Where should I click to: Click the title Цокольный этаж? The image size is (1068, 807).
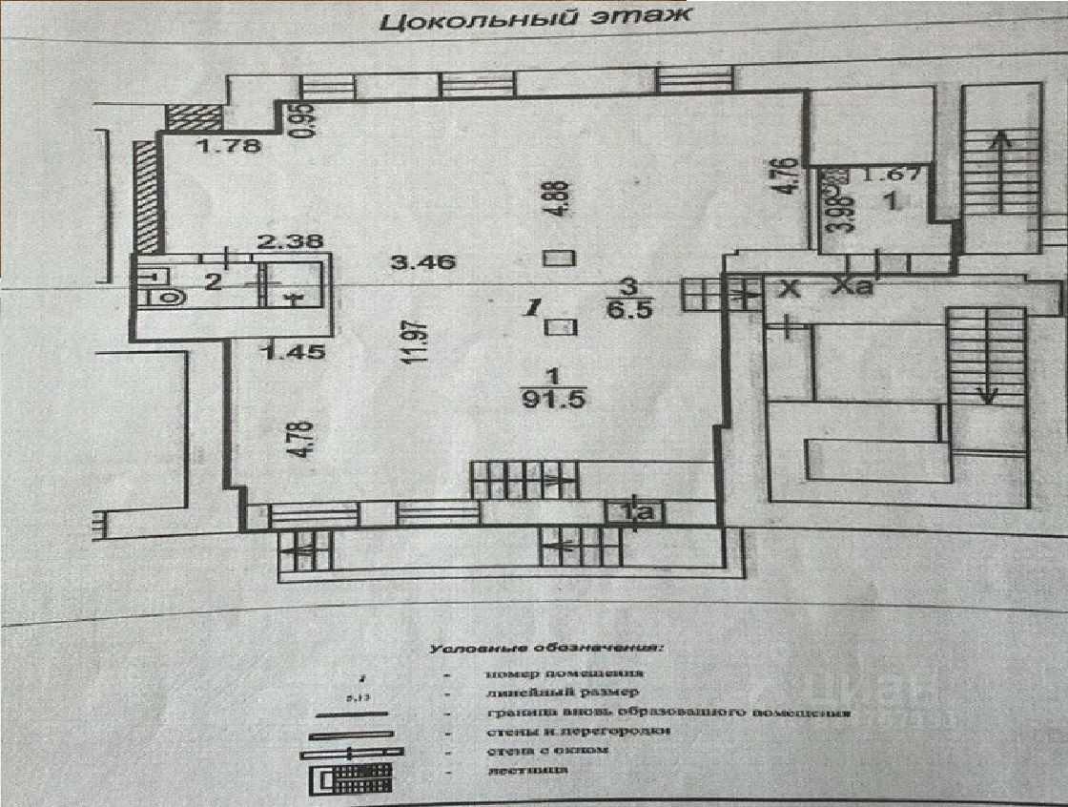pyautogui.click(x=533, y=21)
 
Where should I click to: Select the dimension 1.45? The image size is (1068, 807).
pyautogui.click(x=293, y=352)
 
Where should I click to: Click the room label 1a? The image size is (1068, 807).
pyautogui.click(x=636, y=512)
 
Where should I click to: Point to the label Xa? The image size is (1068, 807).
pyautogui.click(x=852, y=286)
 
